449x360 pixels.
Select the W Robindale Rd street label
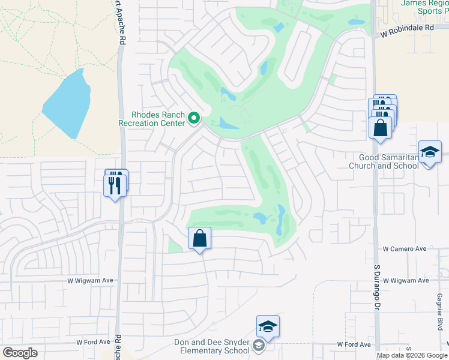[406, 28]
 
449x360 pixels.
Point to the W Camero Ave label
[405, 248]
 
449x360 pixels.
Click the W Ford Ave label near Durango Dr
[354, 344]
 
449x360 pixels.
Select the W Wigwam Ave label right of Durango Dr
[406, 280]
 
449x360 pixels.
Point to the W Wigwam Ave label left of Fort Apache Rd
[90, 280]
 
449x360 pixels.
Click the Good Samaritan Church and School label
[384, 161]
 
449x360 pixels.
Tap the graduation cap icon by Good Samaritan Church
[430, 152]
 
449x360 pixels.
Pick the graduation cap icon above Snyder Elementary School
[268, 327]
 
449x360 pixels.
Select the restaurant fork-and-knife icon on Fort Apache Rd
[115, 185]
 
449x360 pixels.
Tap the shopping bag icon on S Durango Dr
[380, 128]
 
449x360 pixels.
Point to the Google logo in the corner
[20, 353]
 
